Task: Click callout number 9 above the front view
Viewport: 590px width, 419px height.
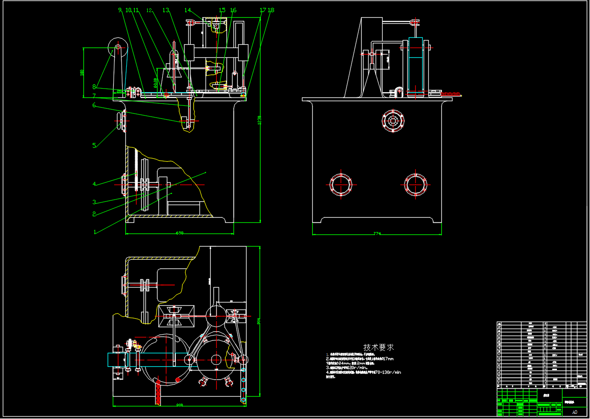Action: [120, 10]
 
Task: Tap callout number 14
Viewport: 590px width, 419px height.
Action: [187, 10]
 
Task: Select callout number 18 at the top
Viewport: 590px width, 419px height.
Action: [271, 10]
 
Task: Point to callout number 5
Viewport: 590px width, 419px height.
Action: [94, 145]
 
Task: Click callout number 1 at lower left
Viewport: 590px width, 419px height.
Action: [95, 232]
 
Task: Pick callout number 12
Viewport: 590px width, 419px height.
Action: [149, 10]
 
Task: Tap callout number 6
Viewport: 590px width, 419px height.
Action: [94, 105]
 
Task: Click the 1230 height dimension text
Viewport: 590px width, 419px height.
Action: [259, 120]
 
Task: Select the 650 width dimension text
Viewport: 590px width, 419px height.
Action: [179, 233]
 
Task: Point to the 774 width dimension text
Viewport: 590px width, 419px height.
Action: [377, 234]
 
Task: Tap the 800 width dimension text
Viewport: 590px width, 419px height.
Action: [179, 405]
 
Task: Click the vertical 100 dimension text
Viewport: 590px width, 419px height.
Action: [82, 72]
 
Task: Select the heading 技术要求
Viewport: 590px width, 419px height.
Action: [378, 348]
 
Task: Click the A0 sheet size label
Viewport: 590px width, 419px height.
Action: [575, 412]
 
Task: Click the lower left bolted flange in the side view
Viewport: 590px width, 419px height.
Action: [341, 185]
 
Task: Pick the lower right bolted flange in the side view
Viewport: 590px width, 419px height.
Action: [415, 185]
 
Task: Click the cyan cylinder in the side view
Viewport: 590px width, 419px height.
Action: [415, 65]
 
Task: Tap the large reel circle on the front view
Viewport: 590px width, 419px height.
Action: [118, 47]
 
